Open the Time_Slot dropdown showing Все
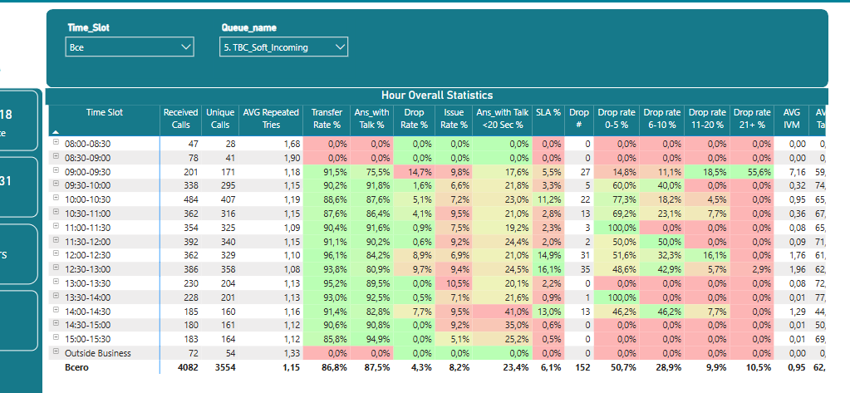point(130,47)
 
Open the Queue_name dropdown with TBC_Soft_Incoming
point(283,47)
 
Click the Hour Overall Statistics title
point(437,96)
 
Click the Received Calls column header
point(180,119)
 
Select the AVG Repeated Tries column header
point(271,119)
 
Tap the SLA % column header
point(548,113)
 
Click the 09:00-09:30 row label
point(87,171)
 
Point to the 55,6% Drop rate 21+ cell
point(751,171)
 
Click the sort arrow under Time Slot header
point(57,132)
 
